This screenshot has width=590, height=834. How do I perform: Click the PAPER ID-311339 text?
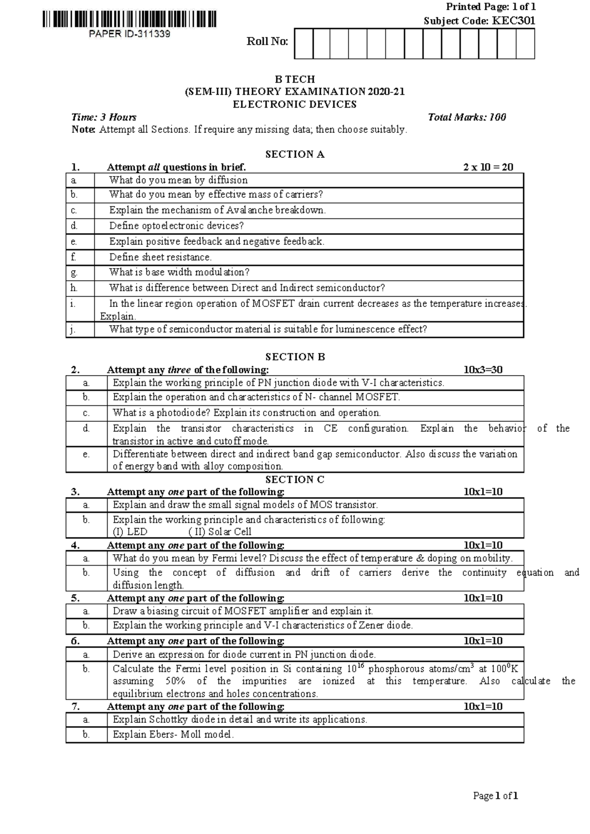click(x=129, y=34)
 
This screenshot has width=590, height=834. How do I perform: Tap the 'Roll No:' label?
click(x=267, y=42)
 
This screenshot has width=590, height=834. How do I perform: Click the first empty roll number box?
click(x=303, y=44)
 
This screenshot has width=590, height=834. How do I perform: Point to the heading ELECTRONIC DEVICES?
click(x=295, y=104)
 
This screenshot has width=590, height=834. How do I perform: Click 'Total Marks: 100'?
click(x=467, y=117)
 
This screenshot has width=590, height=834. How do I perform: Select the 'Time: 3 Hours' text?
click(x=104, y=117)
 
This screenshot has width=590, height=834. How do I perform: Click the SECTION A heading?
click(x=295, y=154)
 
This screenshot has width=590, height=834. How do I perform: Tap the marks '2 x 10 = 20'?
click(x=488, y=167)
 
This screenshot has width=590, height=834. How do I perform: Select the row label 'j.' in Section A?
click(x=73, y=329)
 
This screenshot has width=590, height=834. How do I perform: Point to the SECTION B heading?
click(x=295, y=357)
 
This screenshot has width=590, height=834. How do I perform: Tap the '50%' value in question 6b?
click(x=174, y=681)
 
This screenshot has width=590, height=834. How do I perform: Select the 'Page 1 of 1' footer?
click(x=495, y=796)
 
